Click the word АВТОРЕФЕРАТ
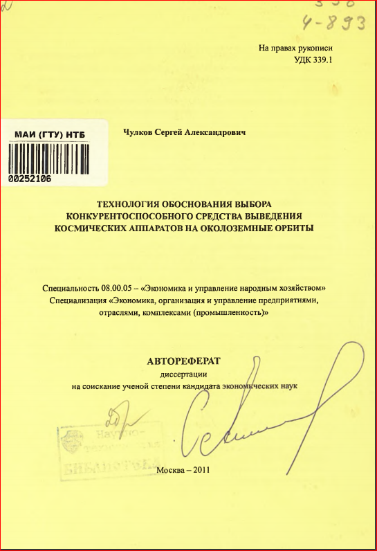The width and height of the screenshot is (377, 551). point(183,361)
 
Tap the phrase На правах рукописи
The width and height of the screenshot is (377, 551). point(295,48)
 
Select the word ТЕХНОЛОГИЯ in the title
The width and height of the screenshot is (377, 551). point(127,204)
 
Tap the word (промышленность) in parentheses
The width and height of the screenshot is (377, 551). point(232,313)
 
